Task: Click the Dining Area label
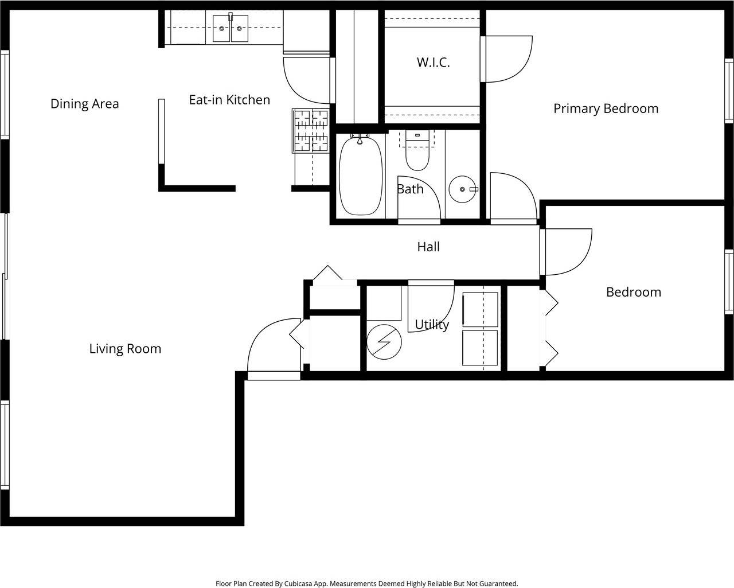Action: [x=84, y=104]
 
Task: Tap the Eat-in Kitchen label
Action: [x=229, y=100]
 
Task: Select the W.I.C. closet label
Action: [x=433, y=63]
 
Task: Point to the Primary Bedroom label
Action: [x=606, y=108]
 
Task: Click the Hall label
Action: [x=428, y=247]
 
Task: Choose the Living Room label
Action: [x=125, y=349]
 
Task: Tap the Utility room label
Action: [x=431, y=325]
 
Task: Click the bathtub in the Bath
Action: [x=361, y=176]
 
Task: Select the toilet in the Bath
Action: [x=417, y=154]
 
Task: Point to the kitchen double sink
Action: [x=231, y=28]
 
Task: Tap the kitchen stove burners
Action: [x=311, y=131]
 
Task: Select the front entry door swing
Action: [x=270, y=350]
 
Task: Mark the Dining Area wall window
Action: [x=5, y=95]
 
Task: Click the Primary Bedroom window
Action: [x=729, y=90]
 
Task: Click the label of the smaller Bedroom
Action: [x=633, y=292]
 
